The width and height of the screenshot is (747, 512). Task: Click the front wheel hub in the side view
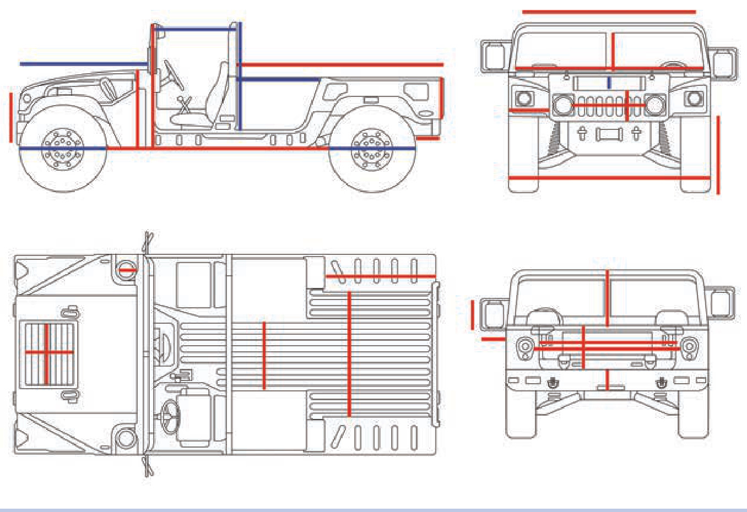click(63, 148)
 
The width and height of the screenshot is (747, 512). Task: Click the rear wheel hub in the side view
click(371, 149)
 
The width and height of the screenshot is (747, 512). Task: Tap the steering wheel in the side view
click(173, 75)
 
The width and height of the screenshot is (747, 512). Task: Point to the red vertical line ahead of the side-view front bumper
click(11, 117)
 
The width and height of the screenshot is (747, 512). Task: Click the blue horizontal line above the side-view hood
click(83, 64)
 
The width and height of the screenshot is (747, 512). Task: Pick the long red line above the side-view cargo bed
click(342, 65)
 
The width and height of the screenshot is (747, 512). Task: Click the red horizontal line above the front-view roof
click(609, 12)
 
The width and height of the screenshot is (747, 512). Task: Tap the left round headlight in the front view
click(562, 105)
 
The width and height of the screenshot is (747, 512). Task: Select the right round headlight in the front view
click(654, 105)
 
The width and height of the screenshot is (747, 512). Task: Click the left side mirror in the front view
click(494, 56)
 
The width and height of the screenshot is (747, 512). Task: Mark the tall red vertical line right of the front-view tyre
click(718, 155)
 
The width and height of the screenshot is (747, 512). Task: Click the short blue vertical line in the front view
click(609, 83)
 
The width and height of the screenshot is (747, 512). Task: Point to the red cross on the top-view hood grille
click(47, 352)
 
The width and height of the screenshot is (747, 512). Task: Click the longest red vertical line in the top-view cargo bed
click(349, 353)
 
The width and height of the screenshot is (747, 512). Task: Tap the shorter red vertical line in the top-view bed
click(264, 356)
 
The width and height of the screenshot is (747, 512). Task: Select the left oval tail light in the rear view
click(524, 347)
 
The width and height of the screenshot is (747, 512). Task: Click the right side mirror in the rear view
click(721, 303)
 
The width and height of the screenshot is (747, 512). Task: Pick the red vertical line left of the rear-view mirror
click(472, 315)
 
